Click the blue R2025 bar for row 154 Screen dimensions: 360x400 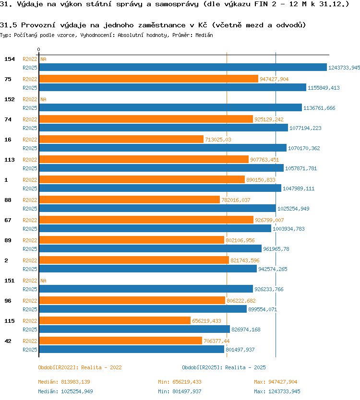click(183, 67)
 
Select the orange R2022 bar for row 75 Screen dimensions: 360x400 click(149, 79)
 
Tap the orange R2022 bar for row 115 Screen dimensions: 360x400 click(115, 320)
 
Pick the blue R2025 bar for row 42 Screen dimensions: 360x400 click(132, 349)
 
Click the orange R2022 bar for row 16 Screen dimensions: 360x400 click(121, 139)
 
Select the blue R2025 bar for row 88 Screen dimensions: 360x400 click(157, 208)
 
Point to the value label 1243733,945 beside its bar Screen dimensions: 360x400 click(344, 68)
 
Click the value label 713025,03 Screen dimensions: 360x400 click(218, 140)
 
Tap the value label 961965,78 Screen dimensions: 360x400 click(276, 249)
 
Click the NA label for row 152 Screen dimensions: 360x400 click(43, 99)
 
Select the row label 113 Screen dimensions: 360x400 click(10, 160)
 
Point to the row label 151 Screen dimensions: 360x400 click(10, 281)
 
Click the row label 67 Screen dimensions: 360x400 click(8, 220)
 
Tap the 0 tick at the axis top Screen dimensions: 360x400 click(38, 49)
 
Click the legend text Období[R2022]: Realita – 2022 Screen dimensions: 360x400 click(80, 367)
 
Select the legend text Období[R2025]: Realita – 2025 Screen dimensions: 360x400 click(224, 367)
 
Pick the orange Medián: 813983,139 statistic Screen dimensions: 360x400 click(64, 382)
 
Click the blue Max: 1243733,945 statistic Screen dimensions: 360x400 click(277, 391)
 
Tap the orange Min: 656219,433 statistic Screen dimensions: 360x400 click(180, 382)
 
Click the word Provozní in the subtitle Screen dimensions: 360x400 click(38, 25)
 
